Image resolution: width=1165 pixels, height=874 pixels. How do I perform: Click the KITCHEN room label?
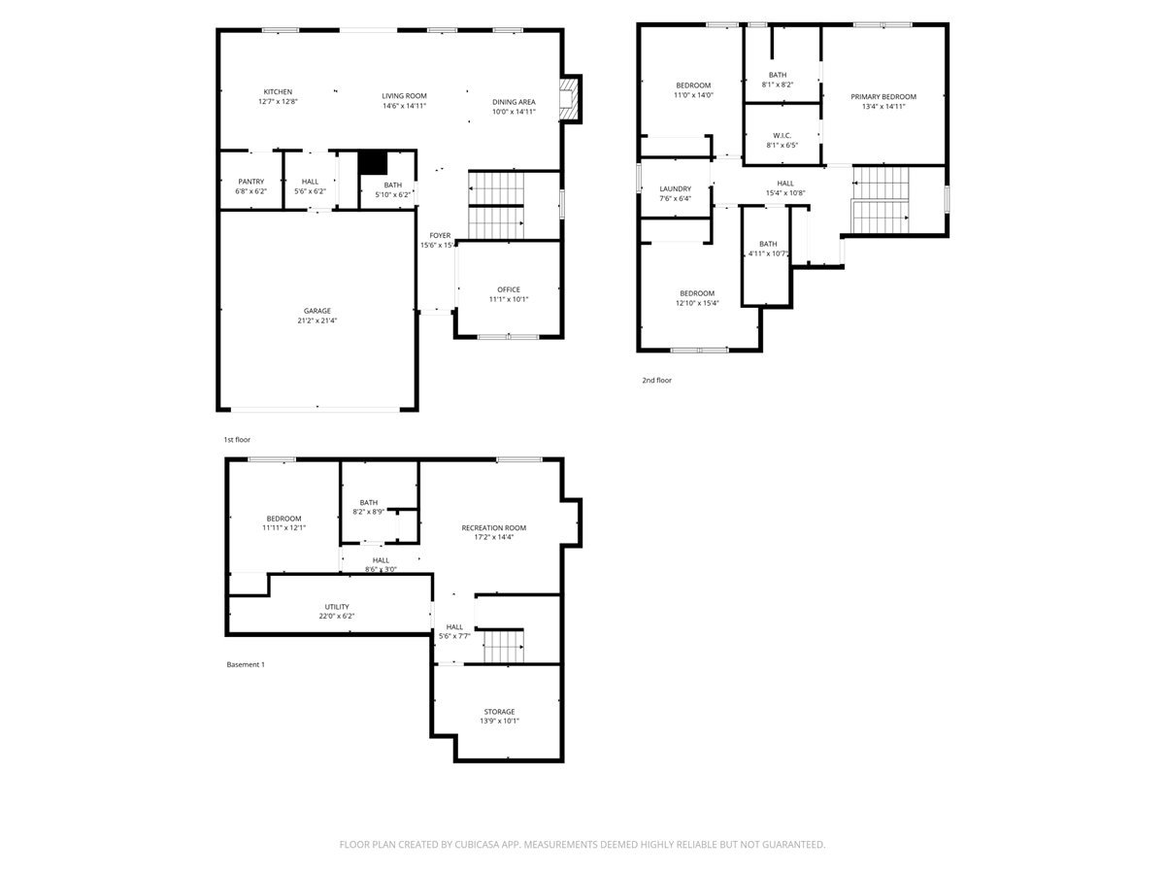click(x=278, y=92)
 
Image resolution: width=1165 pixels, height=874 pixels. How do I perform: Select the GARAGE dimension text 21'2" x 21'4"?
click(x=316, y=320)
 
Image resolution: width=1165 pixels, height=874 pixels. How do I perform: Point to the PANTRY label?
click(x=250, y=182)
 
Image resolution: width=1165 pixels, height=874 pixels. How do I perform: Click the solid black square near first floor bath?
click(x=373, y=162)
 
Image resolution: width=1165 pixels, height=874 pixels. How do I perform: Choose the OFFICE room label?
click(x=509, y=289)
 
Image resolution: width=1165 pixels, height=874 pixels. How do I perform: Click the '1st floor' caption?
click(x=237, y=439)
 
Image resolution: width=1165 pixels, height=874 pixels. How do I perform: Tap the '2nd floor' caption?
click(x=656, y=380)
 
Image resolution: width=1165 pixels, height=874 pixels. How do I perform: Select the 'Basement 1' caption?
click(x=246, y=664)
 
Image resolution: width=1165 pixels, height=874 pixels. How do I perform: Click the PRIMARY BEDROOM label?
click(x=883, y=96)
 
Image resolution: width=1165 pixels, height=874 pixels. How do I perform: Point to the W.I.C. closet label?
click(x=782, y=136)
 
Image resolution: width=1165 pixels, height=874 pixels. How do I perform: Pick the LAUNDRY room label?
click(x=675, y=189)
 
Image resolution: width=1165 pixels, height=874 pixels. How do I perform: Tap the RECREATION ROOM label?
click(x=493, y=528)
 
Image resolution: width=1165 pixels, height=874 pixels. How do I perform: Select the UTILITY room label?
click(x=337, y=607)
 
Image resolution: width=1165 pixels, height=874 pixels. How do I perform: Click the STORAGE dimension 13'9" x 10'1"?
click(x=499, y=721)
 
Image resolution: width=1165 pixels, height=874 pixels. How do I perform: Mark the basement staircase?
click(x=503, y=647)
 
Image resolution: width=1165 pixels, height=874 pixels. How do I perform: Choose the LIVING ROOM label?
click(x=405, y=96)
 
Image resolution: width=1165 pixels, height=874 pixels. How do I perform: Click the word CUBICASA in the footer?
click(x=477, y=844)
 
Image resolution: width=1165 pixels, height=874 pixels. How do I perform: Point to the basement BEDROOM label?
click(x=283, y=519)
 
